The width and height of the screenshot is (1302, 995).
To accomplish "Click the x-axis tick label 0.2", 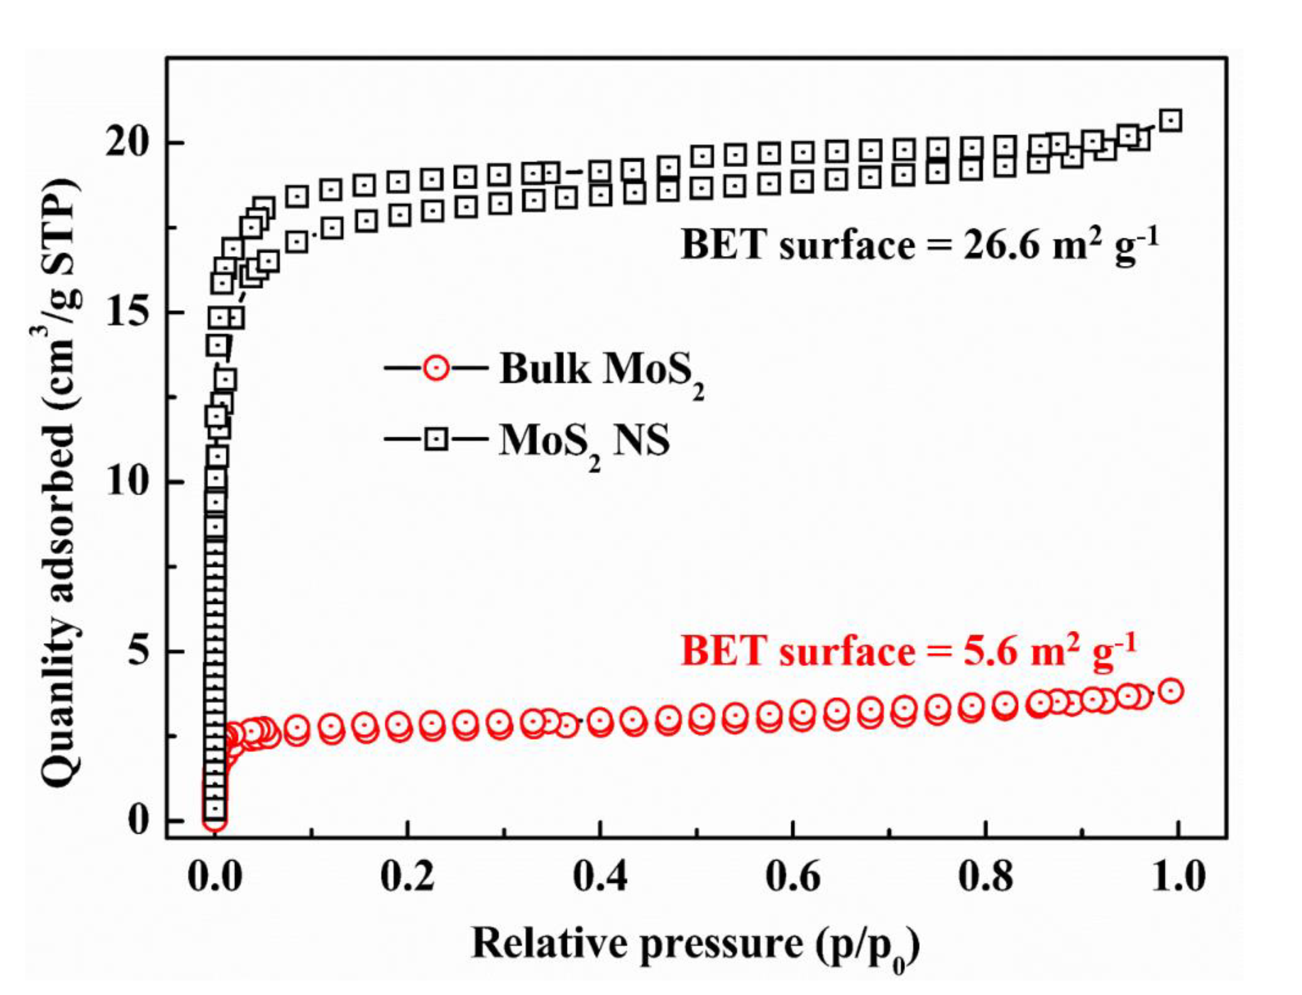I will pos(407,878).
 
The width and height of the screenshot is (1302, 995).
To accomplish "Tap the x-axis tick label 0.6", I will pos(792,878).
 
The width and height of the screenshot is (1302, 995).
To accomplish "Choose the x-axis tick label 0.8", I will pos(985,878).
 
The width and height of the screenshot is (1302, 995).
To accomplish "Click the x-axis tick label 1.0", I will pos(1178,878).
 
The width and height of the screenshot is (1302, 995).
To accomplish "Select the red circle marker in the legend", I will pos(436,368).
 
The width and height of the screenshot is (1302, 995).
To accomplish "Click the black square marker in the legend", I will pos(436,439).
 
